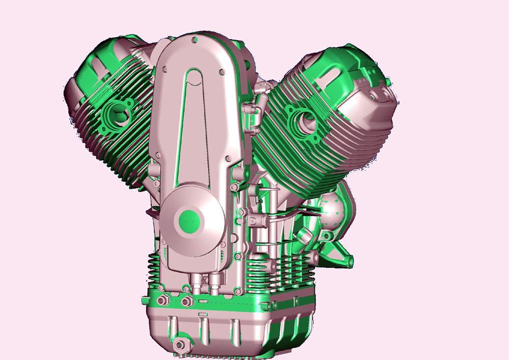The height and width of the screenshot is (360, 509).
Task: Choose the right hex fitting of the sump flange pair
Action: (x=186, y=301)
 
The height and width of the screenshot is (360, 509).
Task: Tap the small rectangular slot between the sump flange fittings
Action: (x=202, y=312)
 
